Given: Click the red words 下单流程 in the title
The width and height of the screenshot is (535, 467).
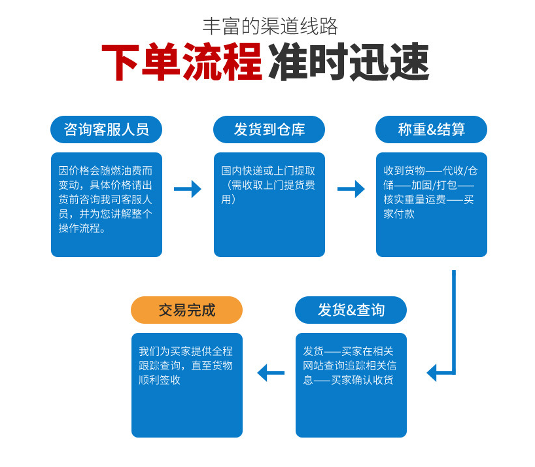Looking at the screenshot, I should click(x=182, y=63).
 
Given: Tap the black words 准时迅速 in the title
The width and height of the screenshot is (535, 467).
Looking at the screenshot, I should click(x=349, y=63).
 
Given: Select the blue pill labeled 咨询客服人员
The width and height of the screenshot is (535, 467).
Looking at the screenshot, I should click(x=106, y=130).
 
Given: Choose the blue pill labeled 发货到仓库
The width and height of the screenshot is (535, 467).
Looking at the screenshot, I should click(x=269, y=130).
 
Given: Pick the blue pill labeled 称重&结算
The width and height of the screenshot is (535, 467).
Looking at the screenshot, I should click(x=431, y=130).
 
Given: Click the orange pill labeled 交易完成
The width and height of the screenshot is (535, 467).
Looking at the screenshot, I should click(x=186, y=310).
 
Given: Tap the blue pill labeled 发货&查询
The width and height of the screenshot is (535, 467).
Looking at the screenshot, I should click(x=351, y=310).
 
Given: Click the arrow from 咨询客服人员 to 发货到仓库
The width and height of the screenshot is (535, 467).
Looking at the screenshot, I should click(x=188, y=189).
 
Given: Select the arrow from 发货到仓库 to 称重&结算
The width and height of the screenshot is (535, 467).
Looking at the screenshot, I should click(x=351, y=189).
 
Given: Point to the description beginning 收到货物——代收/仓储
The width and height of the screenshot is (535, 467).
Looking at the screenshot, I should click(x=430, y=192).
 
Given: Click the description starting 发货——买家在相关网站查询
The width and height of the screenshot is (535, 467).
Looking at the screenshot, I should click(x=350, y=365).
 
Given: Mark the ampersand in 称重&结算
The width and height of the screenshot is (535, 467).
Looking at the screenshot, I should click(x=432, y=130).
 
